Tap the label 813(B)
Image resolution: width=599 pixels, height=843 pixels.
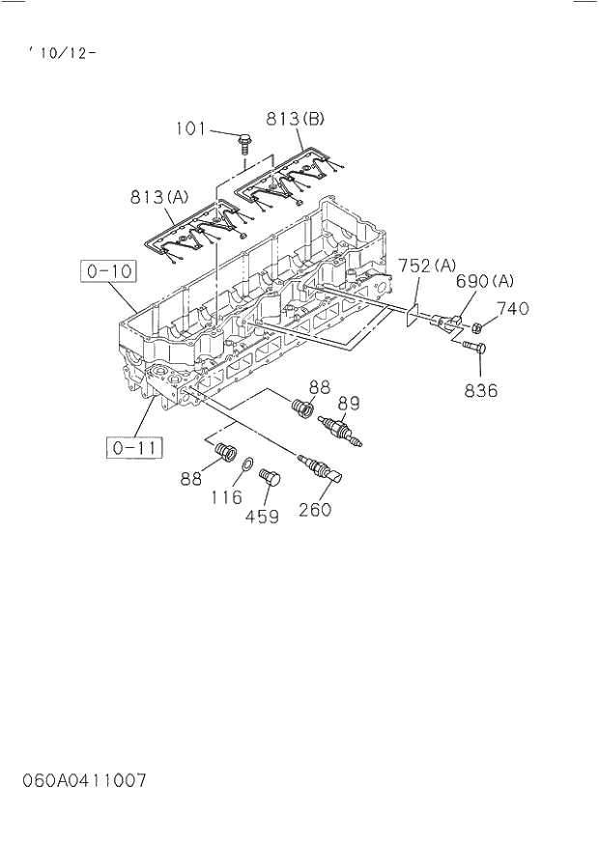(296, 120)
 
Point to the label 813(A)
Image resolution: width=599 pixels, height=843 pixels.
(160, 197)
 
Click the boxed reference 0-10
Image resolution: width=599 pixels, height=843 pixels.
(108, 272)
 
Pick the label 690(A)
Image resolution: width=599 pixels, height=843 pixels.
(485, 281)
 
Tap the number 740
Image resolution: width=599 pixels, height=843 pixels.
(513, 309)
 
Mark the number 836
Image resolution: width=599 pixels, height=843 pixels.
(480, 390)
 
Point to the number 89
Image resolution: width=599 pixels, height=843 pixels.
(349, 404)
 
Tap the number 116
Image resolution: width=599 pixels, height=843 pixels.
(226, 497)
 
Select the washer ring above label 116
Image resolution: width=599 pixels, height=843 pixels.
(246, 467)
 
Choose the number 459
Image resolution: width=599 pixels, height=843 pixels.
(261, 517)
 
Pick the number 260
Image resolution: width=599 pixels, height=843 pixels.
(314, 509)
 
